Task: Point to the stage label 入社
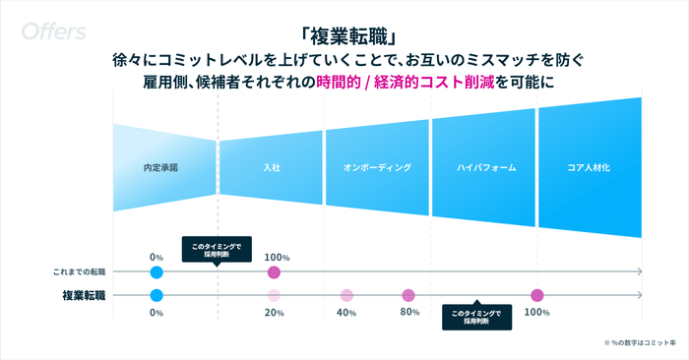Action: (272, 168)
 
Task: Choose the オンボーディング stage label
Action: (377, 168)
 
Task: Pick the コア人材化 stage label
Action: (589, 168)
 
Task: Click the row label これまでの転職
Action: (79, 271)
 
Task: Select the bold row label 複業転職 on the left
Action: (84, 295)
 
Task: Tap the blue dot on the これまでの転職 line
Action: (156, 271)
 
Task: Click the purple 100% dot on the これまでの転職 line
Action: (274, 271)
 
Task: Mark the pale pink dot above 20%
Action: (274, 295)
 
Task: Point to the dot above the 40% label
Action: (346, 295)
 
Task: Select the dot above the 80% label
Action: (408, 295)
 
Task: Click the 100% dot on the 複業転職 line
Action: (536, 295)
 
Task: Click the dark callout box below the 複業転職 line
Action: (476, 317)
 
